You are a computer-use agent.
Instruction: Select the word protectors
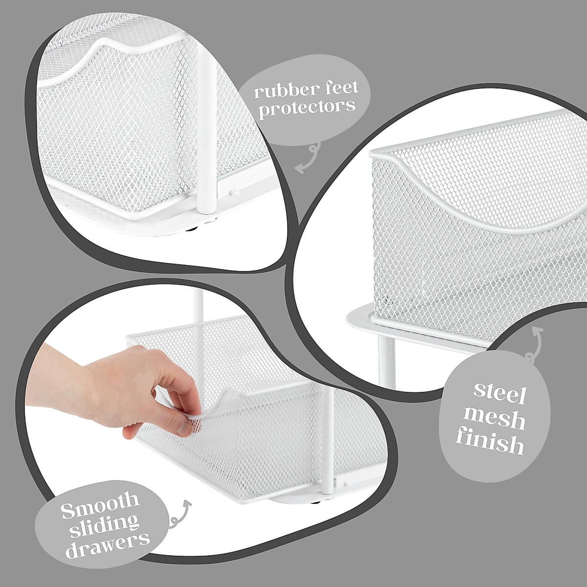click(307, 107)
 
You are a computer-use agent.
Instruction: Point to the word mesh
click(494, 420)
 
